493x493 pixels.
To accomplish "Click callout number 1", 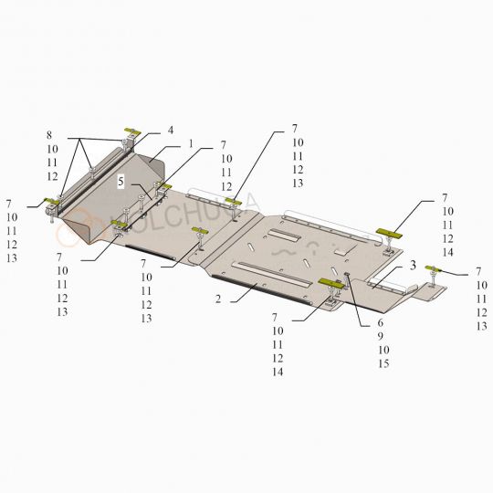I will [191, 143].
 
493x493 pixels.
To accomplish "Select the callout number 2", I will [219, 299].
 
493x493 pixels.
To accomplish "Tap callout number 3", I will [413, 265].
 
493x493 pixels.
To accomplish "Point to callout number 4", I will [171, 131].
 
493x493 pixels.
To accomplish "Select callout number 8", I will [51, 135].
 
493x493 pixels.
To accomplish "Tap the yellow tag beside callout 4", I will [131, 133].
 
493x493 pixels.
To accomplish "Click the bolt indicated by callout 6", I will [348, 278].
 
